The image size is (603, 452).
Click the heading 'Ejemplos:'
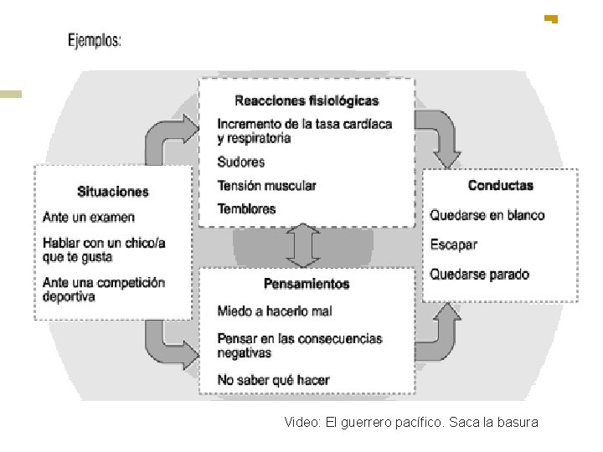click(95, 40)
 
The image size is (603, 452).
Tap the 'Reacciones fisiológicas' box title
click(307, 101)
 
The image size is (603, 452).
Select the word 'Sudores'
click(241, 162)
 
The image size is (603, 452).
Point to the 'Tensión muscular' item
click(266, 185)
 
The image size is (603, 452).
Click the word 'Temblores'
click(246, 208)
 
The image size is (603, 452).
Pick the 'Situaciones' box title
click(112, 192)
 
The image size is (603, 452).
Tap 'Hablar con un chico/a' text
click(104, 243)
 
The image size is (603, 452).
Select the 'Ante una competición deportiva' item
click(104, 290)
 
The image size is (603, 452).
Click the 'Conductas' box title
click(500, 185)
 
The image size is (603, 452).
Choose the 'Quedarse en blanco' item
click(487, 215)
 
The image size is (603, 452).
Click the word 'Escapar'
click(454, 244)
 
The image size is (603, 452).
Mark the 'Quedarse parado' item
click(480, 274)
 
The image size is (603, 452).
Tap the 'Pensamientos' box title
click(307, 284)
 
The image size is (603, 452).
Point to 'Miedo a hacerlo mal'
click(275, 311)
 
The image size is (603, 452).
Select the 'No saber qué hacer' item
click(274, 380)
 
